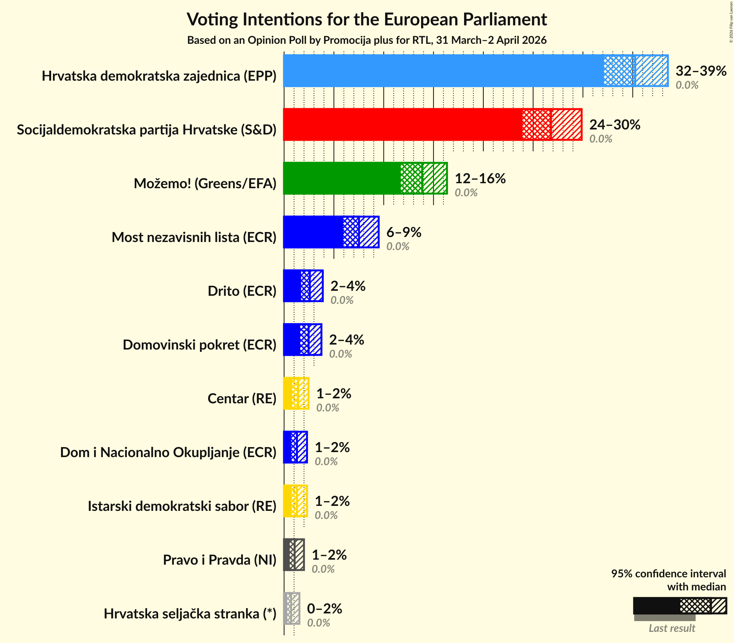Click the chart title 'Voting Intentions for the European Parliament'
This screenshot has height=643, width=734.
[367, 19]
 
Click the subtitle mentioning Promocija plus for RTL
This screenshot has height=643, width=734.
[367, 40]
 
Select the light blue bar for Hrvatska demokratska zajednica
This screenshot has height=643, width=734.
[441, 71]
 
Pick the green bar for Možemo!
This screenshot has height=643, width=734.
[342, 178]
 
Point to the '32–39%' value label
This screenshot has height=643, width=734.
[701, 71]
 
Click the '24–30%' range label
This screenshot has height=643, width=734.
[615, 125]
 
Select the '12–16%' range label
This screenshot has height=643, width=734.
[480, 179]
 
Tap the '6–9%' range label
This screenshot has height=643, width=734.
[403, 232]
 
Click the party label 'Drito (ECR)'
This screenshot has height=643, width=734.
[242, 291]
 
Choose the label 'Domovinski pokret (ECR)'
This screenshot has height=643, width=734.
[199, 345]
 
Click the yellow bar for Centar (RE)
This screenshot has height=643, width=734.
[296, 393]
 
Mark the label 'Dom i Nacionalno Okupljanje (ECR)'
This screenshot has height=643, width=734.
[168, 452]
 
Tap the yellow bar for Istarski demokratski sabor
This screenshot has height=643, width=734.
[295, 501]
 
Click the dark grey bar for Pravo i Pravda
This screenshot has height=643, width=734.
[294, 555]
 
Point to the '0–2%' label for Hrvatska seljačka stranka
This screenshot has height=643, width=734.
[324, 609]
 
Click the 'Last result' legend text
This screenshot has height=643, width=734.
[671, 628]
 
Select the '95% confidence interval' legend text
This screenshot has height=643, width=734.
[668, 574]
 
